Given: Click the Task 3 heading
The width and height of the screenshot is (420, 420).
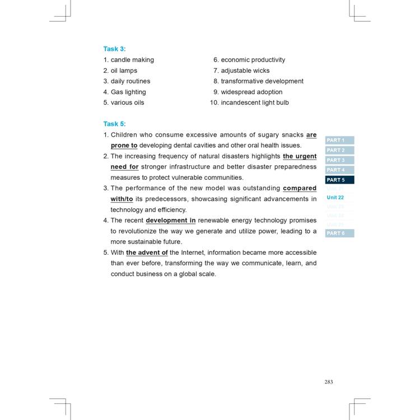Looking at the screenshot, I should [x=114, y=49].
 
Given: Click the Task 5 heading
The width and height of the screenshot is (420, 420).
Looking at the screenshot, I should [x=114, y=124].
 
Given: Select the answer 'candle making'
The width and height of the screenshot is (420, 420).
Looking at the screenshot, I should [x=132, y=60].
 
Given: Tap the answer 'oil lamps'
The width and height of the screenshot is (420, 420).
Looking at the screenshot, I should [x=124, y=71].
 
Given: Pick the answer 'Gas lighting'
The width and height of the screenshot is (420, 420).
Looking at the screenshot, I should [x=128, y=92].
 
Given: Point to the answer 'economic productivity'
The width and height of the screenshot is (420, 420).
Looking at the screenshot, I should [x=253, y=60].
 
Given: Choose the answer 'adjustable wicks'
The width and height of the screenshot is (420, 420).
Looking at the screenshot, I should [x=245, y=71].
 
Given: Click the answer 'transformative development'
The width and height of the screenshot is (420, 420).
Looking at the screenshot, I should [x=262, y=81].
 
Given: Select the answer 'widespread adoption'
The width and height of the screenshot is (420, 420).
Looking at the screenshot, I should [x=251, y=92].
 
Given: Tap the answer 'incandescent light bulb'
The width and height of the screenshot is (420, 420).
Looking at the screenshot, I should [x=255, y=102].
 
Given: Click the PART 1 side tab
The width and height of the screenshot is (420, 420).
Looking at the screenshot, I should [x=339, y=140].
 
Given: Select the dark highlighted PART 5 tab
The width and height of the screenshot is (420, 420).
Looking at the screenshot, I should [x=339, y=180].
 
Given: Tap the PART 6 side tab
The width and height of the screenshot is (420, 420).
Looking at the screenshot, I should [x=339, y=233].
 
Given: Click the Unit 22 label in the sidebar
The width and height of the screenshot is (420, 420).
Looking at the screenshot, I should [x=335, y=198].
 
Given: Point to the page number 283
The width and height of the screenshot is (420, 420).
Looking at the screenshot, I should [x=328, y=382].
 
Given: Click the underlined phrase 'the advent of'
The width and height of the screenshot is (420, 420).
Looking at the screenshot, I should [x=147, y=253].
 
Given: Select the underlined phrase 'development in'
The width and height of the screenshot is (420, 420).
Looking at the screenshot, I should [x=170, y=221].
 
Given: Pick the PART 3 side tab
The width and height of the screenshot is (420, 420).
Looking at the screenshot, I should [x=339, y=160].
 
